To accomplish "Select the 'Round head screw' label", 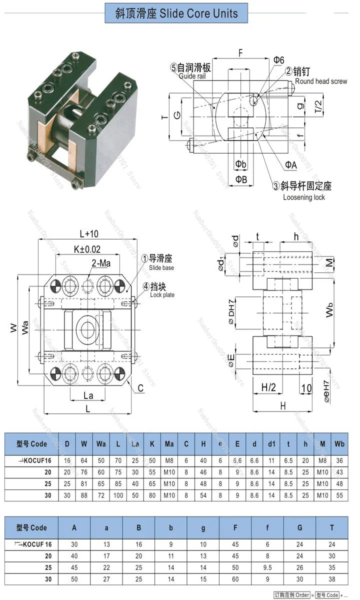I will (x=320, y=81).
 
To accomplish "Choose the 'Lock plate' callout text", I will (x=162, y=295).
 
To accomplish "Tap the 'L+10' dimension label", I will (x=89, y=233).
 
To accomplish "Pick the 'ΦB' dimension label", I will (x=241, y=179).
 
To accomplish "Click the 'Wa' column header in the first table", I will (x=101, y=443).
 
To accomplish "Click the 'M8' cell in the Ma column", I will (x=169, y=460).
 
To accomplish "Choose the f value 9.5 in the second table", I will (x=267, y=567).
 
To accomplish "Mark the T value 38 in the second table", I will (x=331, y=579).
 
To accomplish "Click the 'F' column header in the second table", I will (x=235, y=527).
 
